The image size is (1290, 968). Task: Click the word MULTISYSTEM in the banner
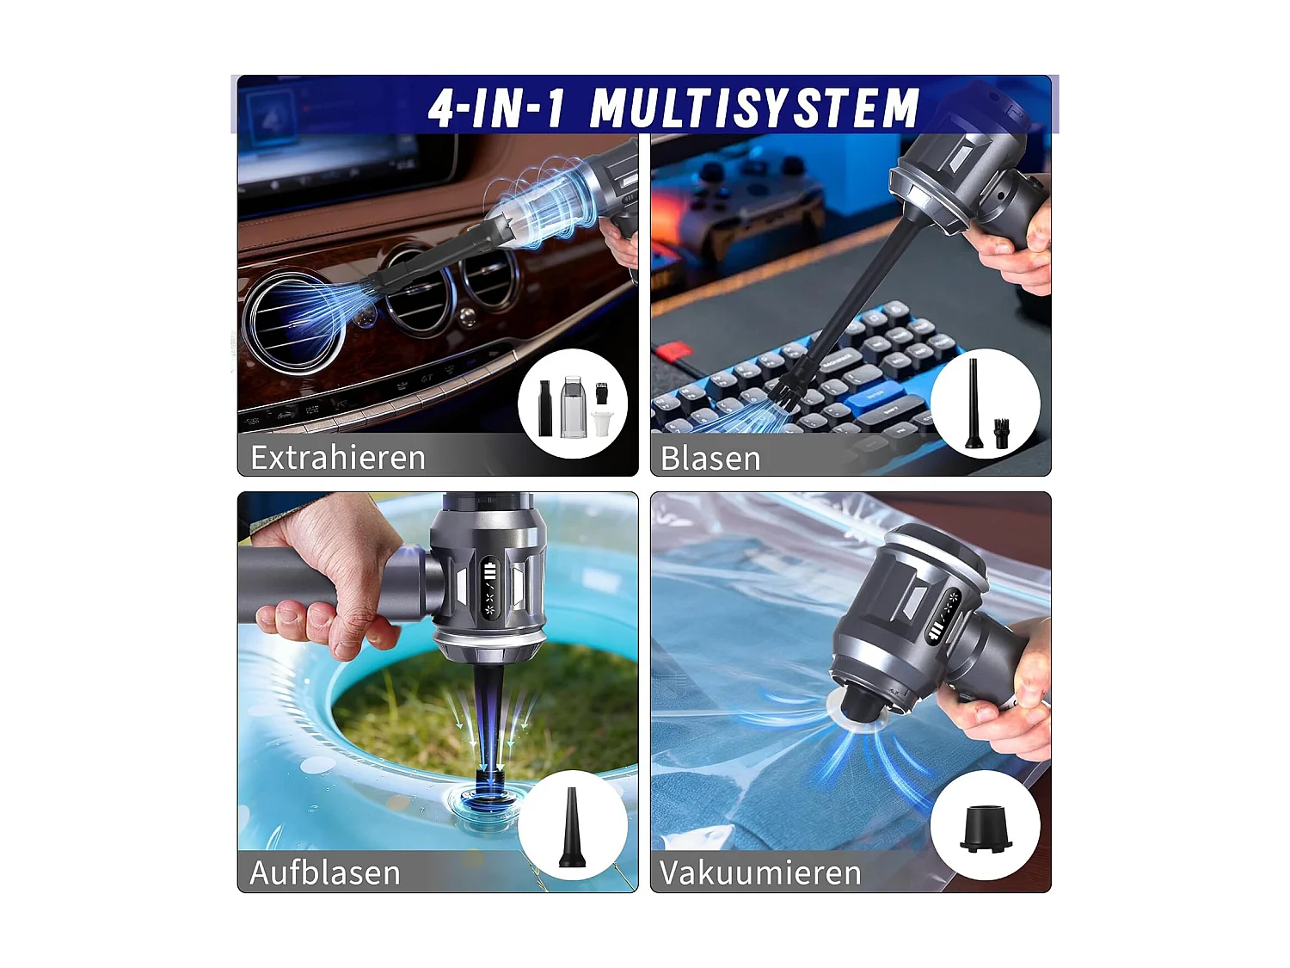754,108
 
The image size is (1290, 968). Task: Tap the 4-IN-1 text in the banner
496,108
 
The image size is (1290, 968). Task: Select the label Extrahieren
337,457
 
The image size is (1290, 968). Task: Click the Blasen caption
710,459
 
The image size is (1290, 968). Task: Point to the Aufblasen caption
325,872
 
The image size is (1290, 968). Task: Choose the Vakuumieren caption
760,872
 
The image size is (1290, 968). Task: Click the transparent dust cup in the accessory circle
573,407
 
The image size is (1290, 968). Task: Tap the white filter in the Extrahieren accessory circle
602,423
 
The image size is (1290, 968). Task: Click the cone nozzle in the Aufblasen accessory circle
571,828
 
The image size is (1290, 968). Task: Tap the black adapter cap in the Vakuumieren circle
986,828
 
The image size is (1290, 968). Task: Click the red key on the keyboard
673,351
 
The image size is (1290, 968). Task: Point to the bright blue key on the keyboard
873,391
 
